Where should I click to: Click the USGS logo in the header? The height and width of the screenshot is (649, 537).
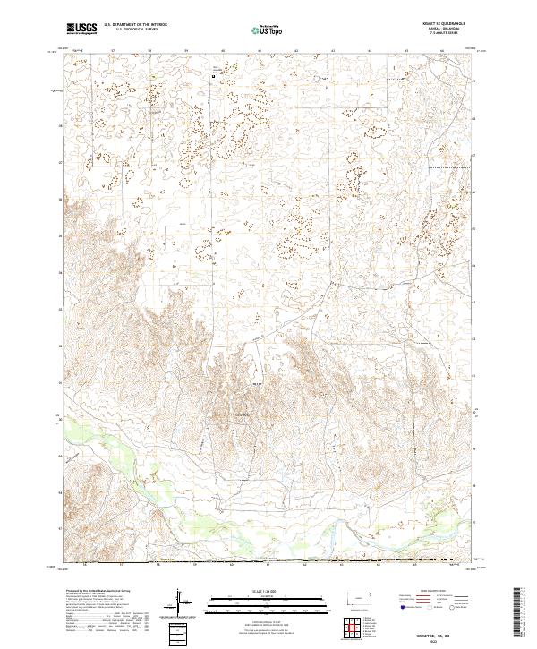pyautogui.click(x=82, y=30)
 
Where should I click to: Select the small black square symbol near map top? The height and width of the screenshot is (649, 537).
pyautogui.click(x=213, y=77)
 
